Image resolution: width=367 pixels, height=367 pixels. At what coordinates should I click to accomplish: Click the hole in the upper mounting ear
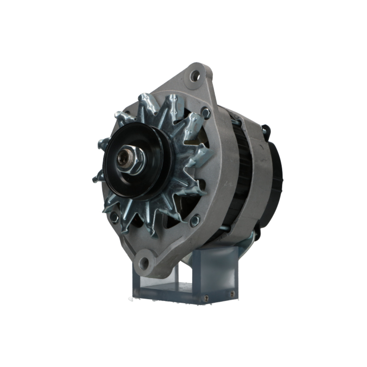[195, 76]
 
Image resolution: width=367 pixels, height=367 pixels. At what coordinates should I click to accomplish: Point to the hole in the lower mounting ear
[144, 262]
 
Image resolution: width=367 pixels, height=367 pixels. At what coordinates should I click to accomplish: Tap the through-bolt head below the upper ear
[206, 112]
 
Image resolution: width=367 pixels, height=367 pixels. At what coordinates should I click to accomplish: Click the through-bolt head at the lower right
[195, 220]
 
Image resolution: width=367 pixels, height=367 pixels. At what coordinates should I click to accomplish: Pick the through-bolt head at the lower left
[115, 217]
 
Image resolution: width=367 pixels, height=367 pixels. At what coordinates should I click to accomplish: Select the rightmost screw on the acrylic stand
[232, 294]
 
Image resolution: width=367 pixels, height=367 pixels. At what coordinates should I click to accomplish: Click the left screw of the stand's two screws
[207, 298]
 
